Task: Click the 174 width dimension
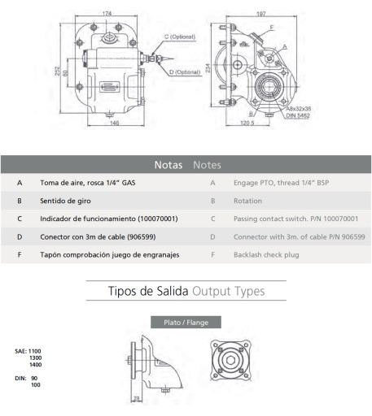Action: pos(107,13)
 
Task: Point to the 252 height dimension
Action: pos(57,71)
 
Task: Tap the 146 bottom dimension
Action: pos(114,123)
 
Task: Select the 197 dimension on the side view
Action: pos(261,14)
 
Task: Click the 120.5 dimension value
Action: pos(247,123)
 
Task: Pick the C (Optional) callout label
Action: pos(180,37)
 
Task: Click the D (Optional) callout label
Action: pos(185,72)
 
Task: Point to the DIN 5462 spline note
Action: pos(298,115)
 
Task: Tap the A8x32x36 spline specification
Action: pos(299,109)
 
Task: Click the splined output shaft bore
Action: pos(269,87)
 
